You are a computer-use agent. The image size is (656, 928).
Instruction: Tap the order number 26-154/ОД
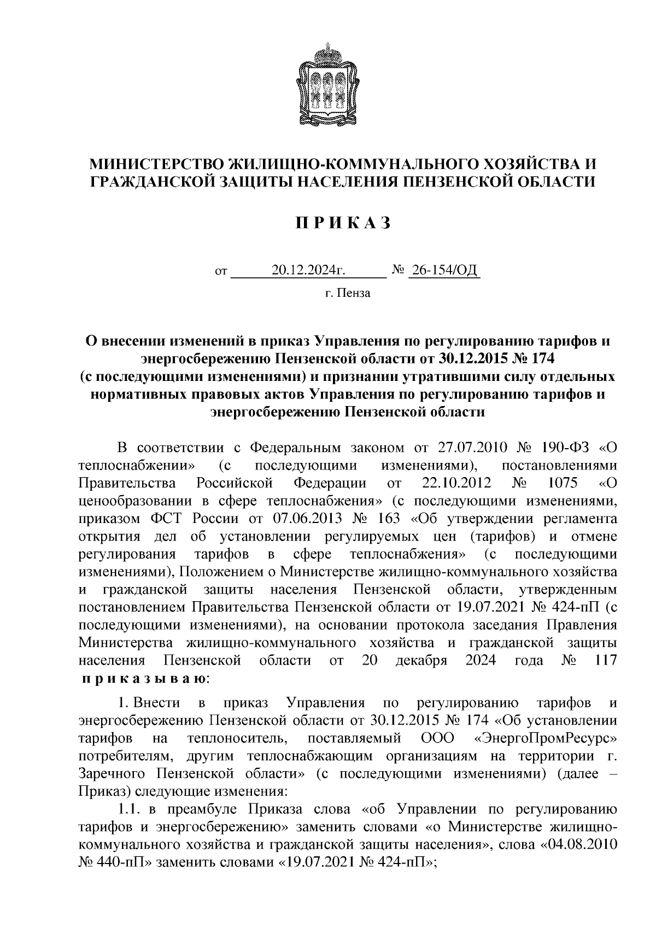tap(444, 270)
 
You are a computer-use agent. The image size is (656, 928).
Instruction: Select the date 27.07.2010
tap(470, 448)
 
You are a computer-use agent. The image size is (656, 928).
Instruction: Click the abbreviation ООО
tap(438, 738)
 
